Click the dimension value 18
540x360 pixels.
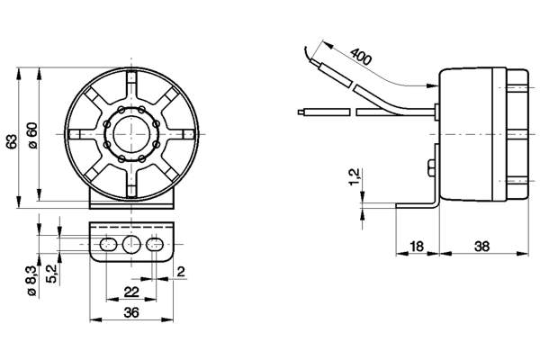417,246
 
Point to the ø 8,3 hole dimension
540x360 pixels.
31,278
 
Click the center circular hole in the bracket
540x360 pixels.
132,244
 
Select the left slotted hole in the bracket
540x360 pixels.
109,244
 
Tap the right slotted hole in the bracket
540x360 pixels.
156,244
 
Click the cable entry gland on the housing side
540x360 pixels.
435,112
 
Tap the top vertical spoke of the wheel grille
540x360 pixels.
132,88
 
